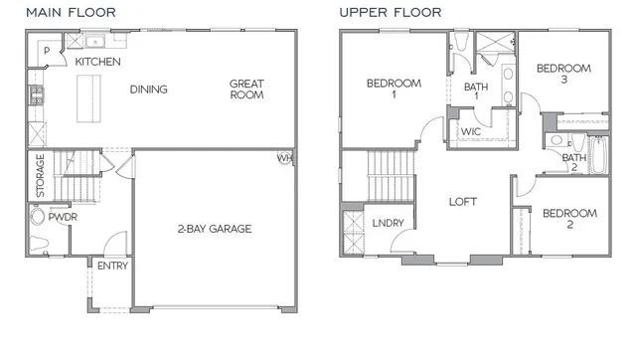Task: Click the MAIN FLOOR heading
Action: click(71, 13)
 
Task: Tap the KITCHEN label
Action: click(98, 63)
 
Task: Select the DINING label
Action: click(148, 90)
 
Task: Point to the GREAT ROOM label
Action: click(246, 90)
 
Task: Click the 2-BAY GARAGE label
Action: click(214, 229)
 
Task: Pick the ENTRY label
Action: click(112, 267)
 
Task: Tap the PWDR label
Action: click(63, 217)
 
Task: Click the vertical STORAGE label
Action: click(41, 175)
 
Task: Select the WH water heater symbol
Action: click(285, 158)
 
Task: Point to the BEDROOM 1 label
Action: click(394, 89)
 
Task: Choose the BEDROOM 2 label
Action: click(569, 219)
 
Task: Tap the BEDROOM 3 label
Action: click(563, 75)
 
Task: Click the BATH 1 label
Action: click(477, 93)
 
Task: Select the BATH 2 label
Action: click(573, 163)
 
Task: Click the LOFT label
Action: click(463, 201)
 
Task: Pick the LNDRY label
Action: click(388, 223)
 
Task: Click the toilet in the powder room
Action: click(41, 218)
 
